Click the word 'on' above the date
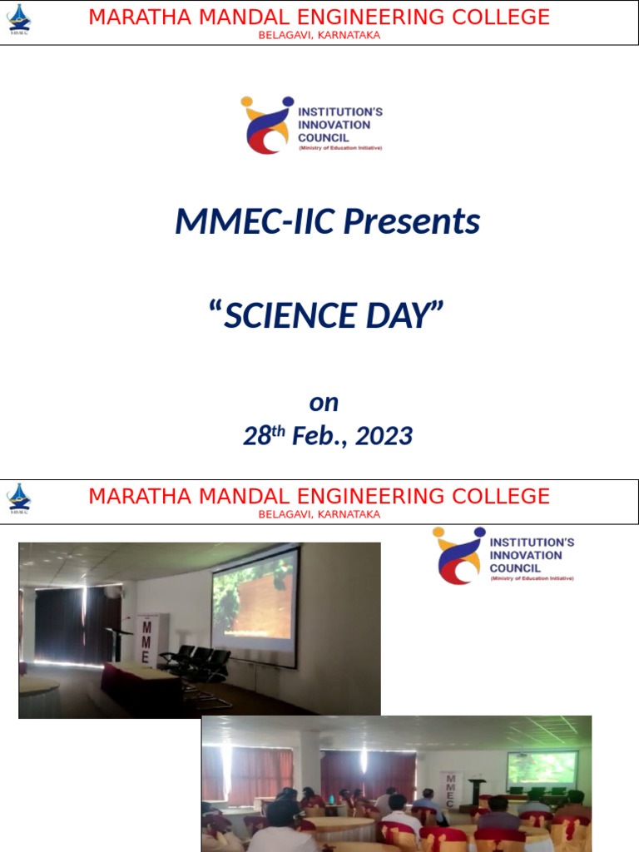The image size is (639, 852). [324, 403]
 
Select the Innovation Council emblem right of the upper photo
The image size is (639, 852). [458, 555]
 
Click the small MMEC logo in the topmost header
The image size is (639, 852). [18, 18]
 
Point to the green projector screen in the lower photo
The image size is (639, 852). [542, 768]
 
